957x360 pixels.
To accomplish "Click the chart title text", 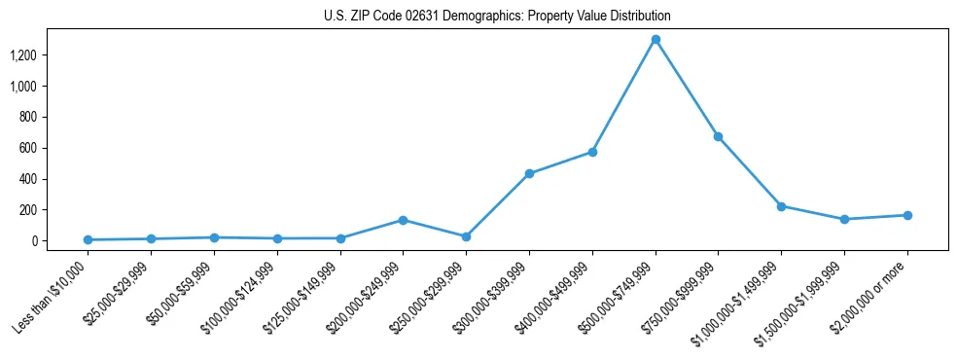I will click(497, 17).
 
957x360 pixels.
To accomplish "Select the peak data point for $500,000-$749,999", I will click(656, 40).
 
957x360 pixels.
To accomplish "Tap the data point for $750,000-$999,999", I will click(718, 136).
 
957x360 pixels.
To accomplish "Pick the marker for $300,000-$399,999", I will click(529, 173).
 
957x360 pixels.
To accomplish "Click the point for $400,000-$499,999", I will click(592, 152).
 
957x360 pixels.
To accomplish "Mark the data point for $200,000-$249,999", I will click(403, 220).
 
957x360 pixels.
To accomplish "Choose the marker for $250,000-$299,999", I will click(466, 236).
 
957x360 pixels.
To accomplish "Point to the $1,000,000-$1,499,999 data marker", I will click(781, 206).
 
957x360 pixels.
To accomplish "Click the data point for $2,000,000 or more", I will click(907, 215).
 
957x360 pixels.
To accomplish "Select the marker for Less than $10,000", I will click(88, 239).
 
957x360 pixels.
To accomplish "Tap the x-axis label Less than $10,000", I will click(53, 296).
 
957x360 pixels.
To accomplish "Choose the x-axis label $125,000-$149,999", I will click(302, 297).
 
